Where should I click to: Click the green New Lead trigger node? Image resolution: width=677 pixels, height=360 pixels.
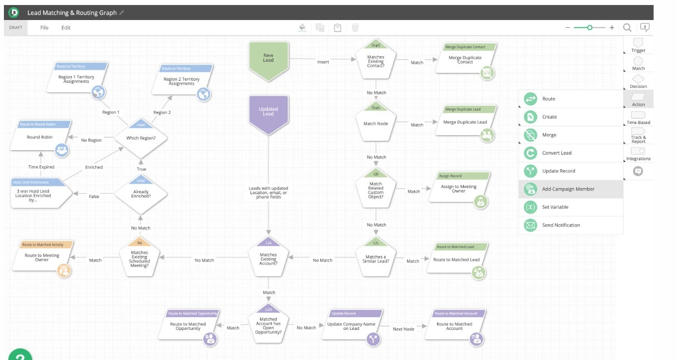(268, 57)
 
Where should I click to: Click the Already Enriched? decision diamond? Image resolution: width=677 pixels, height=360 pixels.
(141, 194)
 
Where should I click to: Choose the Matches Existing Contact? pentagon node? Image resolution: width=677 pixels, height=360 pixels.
(376, 61)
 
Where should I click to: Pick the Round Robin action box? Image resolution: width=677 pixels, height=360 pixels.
(40, 137)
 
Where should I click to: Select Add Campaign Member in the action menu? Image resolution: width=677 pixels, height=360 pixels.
(568, 189)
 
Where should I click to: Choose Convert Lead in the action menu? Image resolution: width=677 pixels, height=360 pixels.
(557, 153)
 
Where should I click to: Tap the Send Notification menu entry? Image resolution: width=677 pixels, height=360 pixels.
(561, 225)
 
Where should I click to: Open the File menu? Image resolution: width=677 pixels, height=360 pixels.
(45, 28)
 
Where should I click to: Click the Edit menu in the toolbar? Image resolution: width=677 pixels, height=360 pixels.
(66, 28)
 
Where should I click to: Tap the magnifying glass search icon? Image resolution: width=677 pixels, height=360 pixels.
(627, 27)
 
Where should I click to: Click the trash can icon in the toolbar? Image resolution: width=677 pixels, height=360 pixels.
(355, 27)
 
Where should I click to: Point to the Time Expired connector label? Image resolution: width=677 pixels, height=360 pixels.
(42, 167)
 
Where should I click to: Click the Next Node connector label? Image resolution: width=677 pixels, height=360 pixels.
(404, 329)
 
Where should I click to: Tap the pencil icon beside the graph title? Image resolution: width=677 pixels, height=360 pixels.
(122, 13)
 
